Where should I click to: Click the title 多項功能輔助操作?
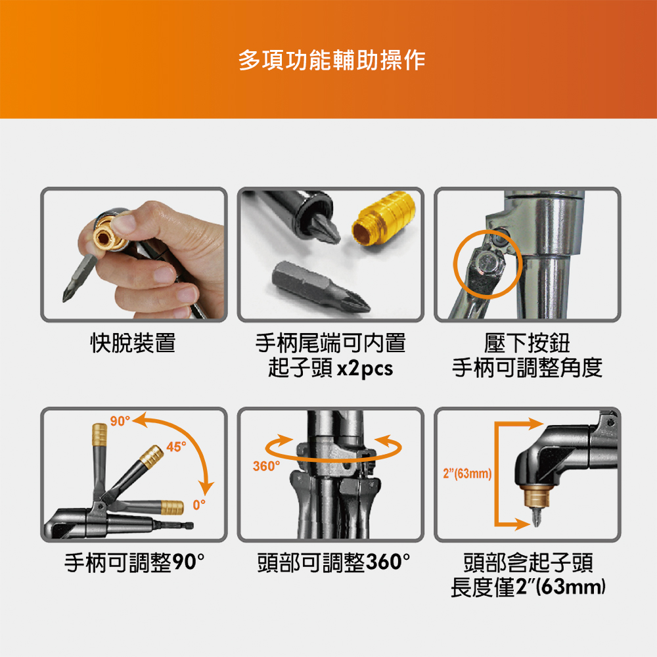point(332,60)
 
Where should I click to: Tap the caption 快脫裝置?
point(133,343)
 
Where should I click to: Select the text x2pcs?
point(365,369)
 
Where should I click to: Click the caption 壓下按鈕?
point(527,343)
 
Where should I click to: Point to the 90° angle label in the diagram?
point(120,420)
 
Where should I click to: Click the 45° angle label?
point(176,447)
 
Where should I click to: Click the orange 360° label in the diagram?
point(267,466)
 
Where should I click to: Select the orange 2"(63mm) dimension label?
point(467,474)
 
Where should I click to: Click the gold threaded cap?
point(383,218)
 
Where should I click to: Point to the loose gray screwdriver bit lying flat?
point(321,286)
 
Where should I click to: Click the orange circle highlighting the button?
point(487,264)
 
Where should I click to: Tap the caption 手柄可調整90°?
point(135,562)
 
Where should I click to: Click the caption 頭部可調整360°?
point(334,562)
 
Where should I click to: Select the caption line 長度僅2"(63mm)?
point(528,587)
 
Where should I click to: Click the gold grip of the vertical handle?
point(99,434)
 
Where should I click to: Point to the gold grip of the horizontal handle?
point(172,507)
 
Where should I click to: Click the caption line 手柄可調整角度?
point(527,369)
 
